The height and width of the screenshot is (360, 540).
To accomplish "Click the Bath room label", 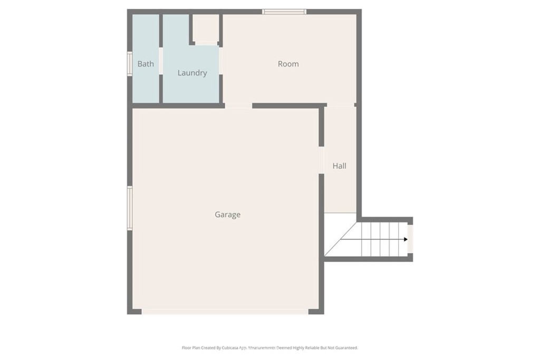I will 146,64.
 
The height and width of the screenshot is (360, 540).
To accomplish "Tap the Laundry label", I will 192,73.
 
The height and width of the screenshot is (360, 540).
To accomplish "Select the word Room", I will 288,64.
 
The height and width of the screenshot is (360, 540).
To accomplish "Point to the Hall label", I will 339,166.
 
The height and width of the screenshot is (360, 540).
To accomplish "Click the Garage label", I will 227,215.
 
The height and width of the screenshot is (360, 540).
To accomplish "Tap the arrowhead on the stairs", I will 406,239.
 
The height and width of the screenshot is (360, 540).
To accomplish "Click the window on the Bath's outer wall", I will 129,64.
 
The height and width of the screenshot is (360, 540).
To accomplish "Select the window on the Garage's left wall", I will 129,208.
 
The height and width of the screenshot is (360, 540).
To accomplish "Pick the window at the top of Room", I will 284,12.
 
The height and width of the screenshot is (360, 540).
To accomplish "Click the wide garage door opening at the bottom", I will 225,312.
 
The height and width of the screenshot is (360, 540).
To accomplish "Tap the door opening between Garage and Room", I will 238,106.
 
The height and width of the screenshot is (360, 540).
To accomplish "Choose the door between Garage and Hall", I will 321,160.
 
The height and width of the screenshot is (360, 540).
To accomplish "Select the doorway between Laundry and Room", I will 220,61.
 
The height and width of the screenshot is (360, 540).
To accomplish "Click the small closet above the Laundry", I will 205,28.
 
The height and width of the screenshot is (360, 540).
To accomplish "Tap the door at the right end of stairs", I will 410,239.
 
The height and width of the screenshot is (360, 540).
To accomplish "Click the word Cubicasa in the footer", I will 225,348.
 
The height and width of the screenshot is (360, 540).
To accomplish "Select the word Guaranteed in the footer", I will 345,348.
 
